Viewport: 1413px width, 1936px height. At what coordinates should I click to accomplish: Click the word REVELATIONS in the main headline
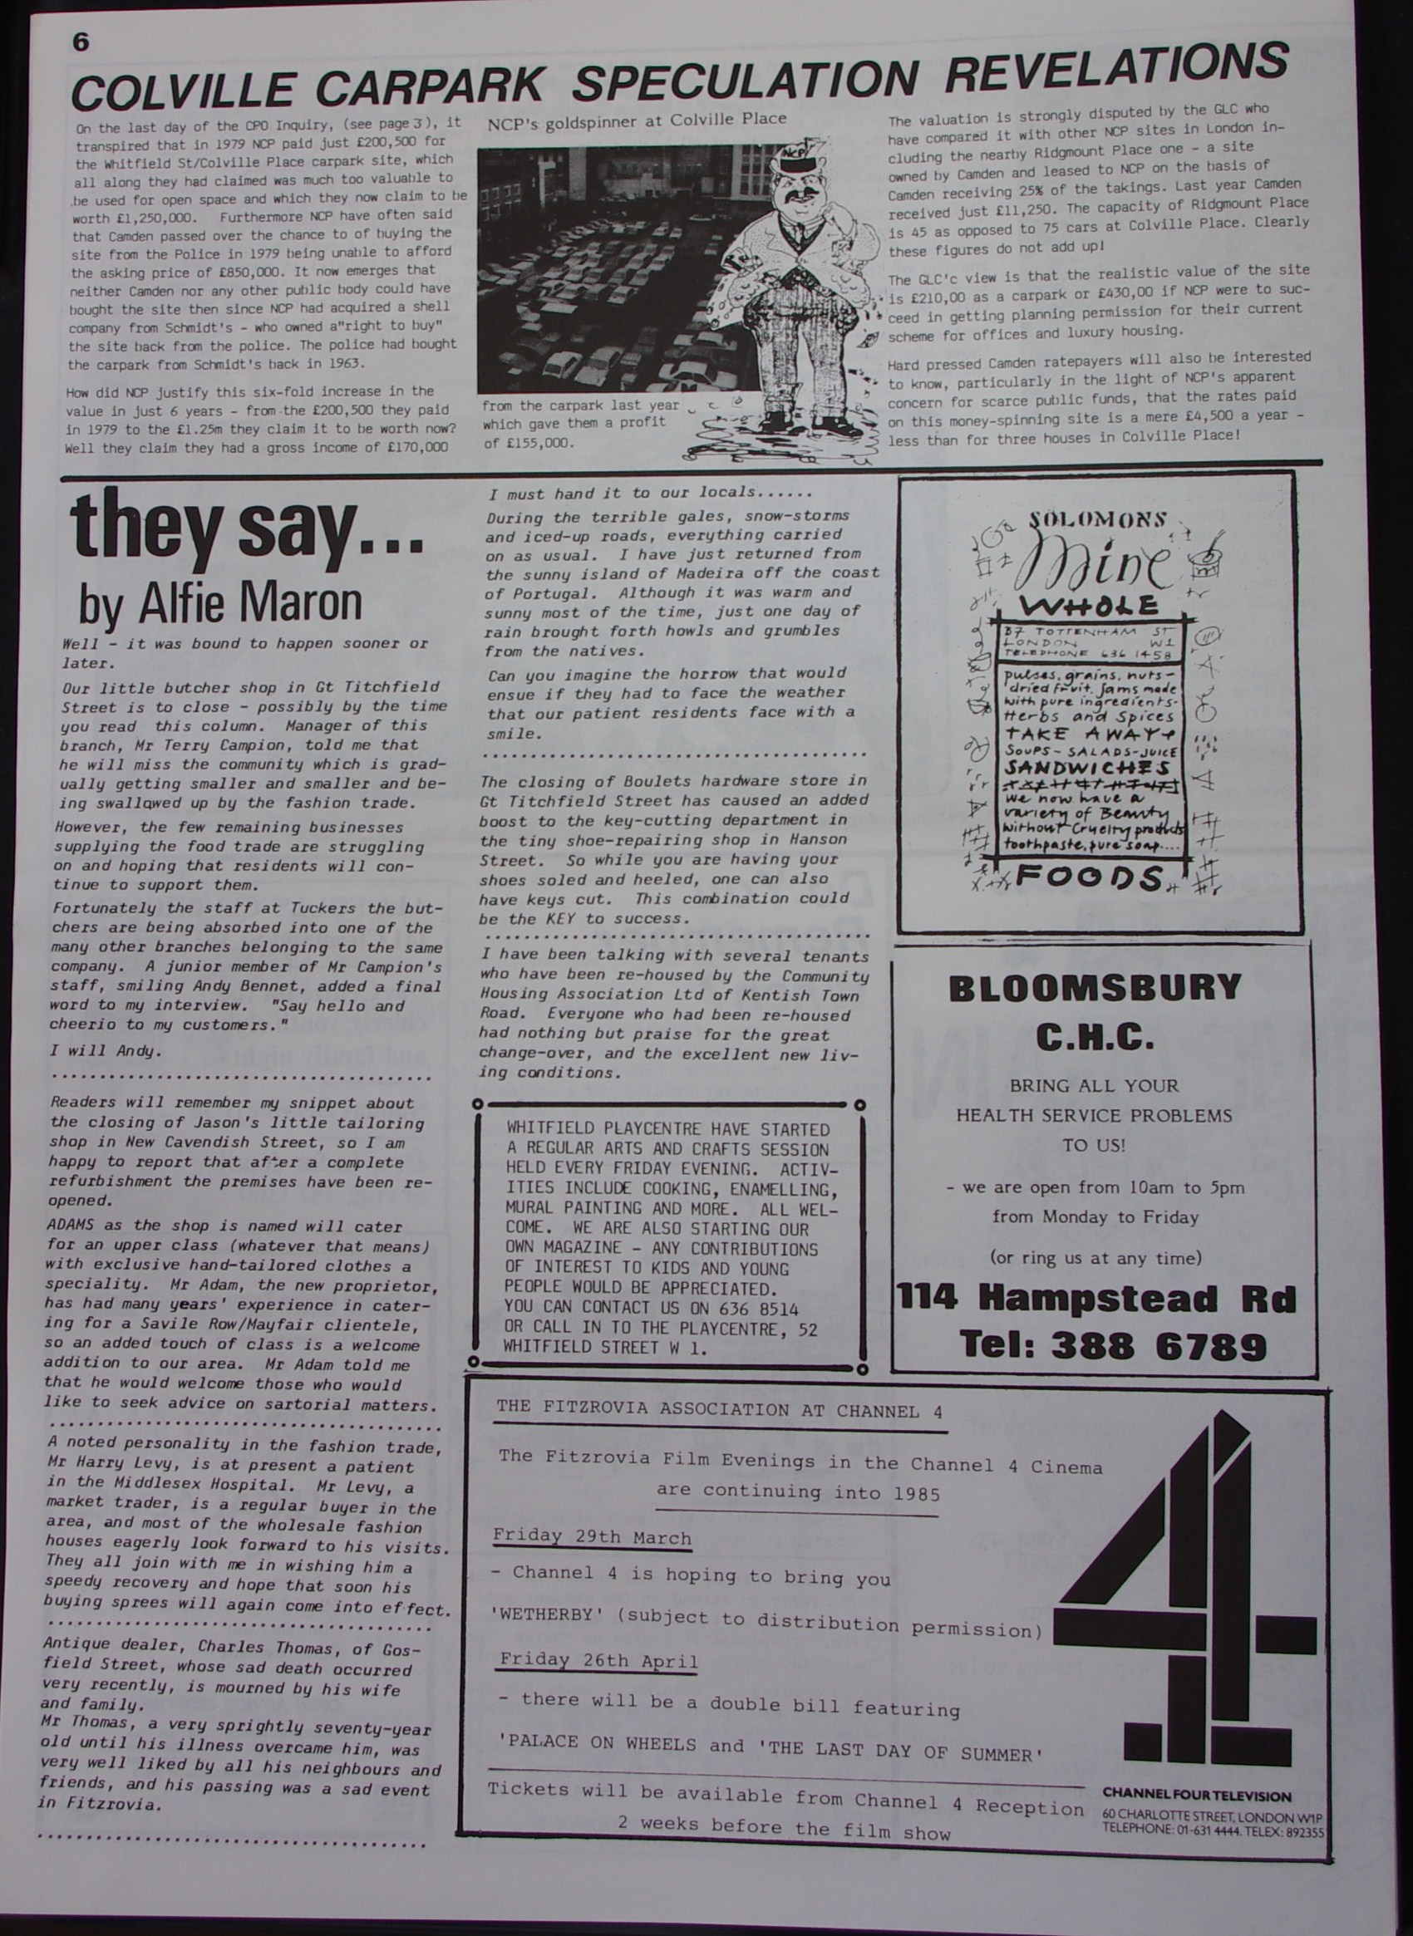(1116, 70)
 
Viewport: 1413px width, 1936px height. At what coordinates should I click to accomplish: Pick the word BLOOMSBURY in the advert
(1095, 988)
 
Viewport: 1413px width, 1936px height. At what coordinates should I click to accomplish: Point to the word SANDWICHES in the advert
(1087, 768)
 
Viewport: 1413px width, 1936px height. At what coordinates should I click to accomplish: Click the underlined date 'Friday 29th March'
(592, 1537)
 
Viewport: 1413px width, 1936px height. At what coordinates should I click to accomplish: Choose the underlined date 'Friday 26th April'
(598, 1660)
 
